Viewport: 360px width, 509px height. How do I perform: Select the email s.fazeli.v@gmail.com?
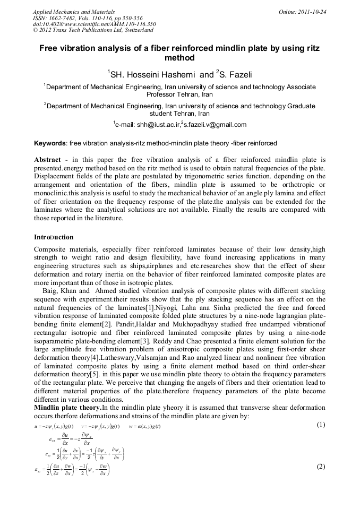click(215, 125)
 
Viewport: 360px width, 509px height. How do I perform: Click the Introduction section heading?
click(54, 237)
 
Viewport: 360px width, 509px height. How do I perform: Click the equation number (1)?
click(321, 425)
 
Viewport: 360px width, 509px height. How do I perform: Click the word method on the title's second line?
click(180, 58)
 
